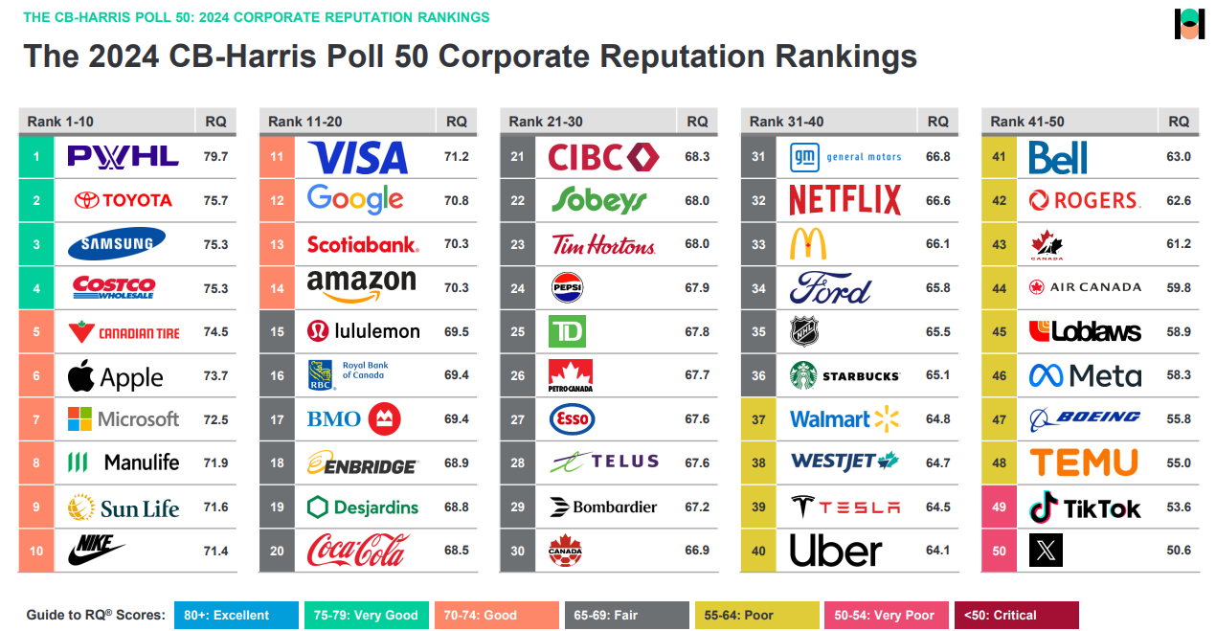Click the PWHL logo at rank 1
(x=124, y=157)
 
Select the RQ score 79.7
(x=215, y=157)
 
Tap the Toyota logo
(x=124, y=200)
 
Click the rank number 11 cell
(x=277, y=157)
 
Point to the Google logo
(x=355, y=199)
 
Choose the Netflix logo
(x=844, y=200)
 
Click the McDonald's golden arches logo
(x=808, y=243)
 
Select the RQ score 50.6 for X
(x=1179, y=550)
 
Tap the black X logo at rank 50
(x=1046, y=550)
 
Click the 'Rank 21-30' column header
(x=546, y=122)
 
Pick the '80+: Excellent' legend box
(x=236, y=615)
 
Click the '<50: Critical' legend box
(x=1016, y=615)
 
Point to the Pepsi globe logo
(x=567, y=287)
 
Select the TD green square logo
(x=567, y=331)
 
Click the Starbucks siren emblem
(x=803, y=375)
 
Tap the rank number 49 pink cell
(x=999, y=507)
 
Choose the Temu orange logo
(x=1084, y=462)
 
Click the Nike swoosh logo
(x=96, y=550)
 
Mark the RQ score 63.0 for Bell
(x=1179, y=157)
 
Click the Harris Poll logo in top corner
(x=1189, y=24)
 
